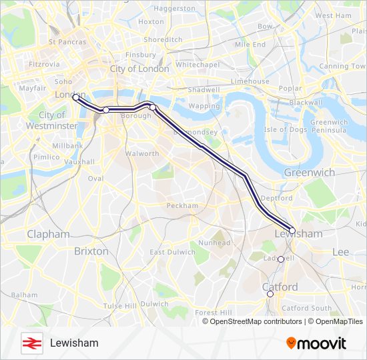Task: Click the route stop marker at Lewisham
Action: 292,231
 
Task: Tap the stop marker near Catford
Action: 270,294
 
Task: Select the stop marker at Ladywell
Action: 281,259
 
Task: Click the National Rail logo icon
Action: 30,343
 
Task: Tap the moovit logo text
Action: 316,343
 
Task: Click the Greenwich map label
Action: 309,172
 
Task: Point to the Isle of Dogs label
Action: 285,129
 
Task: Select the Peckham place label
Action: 182,206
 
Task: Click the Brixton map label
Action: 91,251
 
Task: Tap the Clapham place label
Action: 48,235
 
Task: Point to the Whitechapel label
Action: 197,65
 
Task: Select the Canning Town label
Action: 342,67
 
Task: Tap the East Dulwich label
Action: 166,252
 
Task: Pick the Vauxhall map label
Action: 79,162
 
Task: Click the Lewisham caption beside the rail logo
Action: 74,343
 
